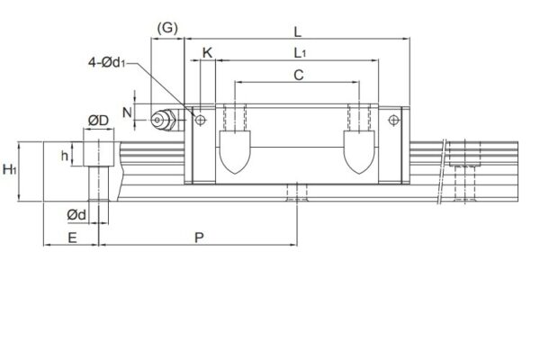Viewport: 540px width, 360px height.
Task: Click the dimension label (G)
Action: pos(168,28)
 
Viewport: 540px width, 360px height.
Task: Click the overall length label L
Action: pos(298,31)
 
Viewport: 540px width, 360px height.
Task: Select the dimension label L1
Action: pos(299,54)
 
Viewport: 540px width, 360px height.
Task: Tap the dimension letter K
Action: pos(208,54)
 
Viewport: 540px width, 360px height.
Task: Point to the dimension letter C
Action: pos(298,76)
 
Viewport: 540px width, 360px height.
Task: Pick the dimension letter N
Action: pos(126,113)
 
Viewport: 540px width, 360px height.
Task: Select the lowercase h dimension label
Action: pos(65,155)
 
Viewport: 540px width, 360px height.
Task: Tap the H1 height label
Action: pos(10,169)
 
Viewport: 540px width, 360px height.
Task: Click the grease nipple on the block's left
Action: pos(165,119)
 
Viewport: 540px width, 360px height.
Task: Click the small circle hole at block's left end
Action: pos(200,119)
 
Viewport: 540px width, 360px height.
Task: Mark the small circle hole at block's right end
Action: pos(394,119)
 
